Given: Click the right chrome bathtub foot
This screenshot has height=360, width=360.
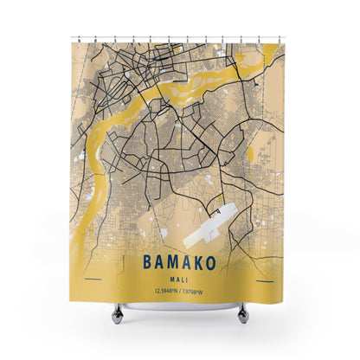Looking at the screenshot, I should (x=243, y=312).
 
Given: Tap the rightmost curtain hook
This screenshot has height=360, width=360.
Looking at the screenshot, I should (x=286, y=38).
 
